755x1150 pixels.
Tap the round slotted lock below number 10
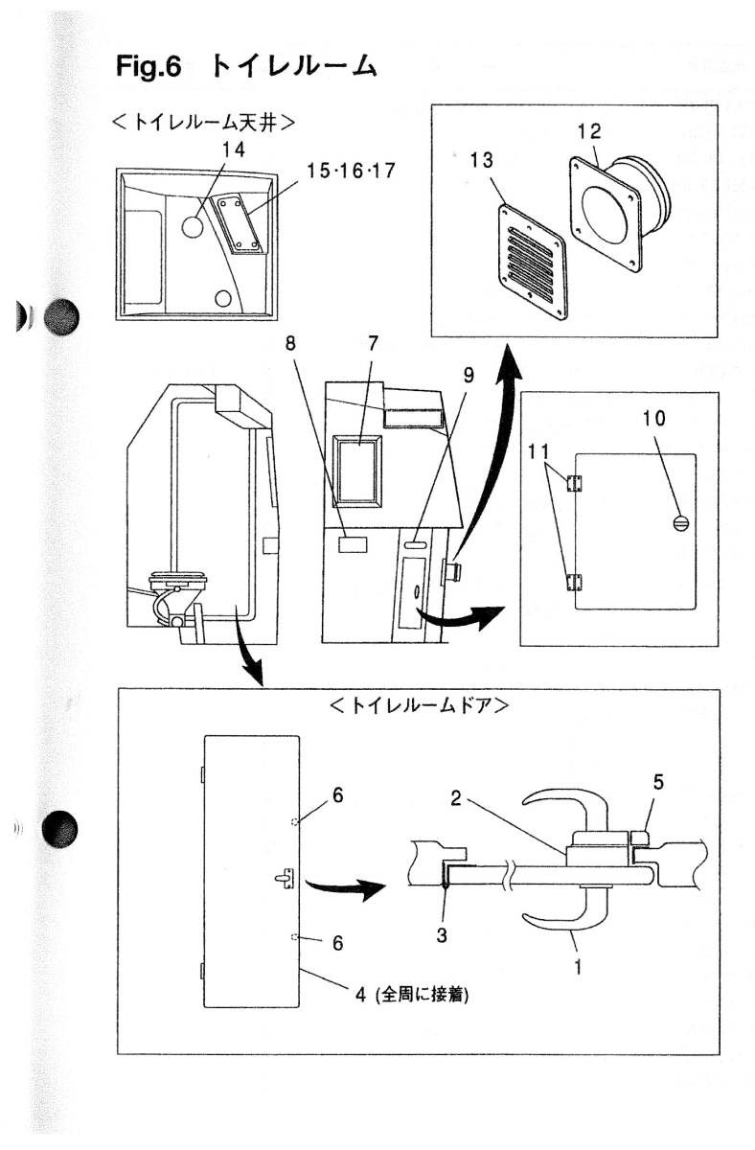(681, 524)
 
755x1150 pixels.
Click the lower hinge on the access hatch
(574, 580)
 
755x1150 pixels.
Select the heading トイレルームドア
(418, 706)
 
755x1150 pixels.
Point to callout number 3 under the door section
(442, 935)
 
